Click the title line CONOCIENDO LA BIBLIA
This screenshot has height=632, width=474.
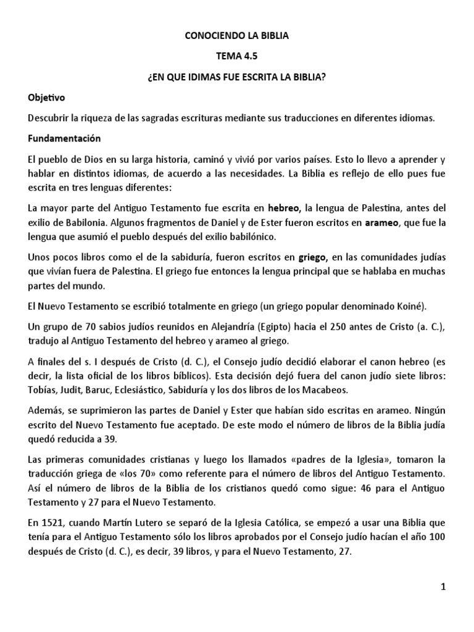(x=237, y=36)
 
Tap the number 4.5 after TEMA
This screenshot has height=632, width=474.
(x=249, y=57)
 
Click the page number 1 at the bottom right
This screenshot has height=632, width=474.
(x=443, y=587)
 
